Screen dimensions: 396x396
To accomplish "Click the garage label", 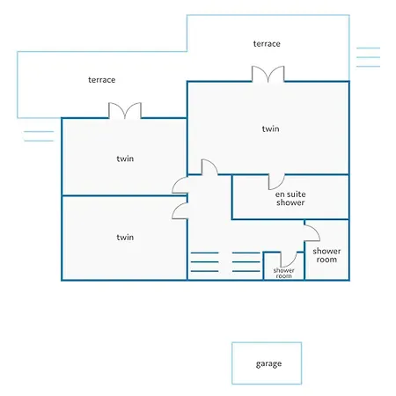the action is tap(268, 363).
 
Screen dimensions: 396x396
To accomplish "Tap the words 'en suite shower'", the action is tap(290, 198).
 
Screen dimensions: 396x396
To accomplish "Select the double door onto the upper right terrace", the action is tap(268, 74).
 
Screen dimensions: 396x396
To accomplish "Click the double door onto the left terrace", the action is tap(125, 111).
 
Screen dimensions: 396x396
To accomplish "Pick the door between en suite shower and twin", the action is tap(276, 182).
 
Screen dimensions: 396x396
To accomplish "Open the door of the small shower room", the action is tap(289, 260).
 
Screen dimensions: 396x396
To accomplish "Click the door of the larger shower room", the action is tap(312, 233).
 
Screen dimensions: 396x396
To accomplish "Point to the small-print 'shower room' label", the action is tap(283, 273).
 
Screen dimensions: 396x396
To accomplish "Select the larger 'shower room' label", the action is tap(326, 255).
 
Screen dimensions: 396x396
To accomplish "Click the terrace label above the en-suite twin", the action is tap(267, 44).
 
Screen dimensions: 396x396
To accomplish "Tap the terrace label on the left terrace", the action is tap(102, 80).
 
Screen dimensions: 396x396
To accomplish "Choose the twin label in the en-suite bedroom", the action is tap(270, 128).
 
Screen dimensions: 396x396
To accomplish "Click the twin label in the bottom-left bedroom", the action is tap(125, 237).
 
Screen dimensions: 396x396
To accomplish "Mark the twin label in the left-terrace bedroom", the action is tap(125, 158).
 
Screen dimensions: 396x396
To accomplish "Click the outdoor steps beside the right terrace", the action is tap(368, 57).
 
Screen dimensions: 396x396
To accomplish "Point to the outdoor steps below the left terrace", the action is tap(39, 136).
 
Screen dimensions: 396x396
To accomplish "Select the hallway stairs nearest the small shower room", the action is tap(246, 261).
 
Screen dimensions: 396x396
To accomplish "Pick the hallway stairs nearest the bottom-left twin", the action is tap(205, 261).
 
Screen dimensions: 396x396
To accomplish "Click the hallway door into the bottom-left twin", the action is tap(180, 211).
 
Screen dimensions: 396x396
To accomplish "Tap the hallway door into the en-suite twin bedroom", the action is tap(209, 167).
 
